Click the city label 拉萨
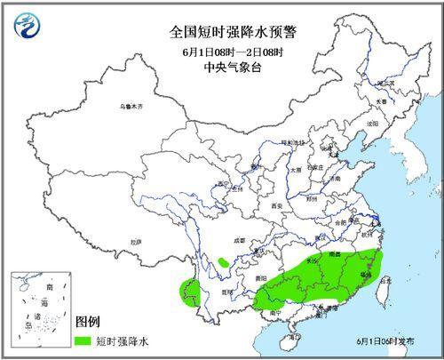pyautogui.click(x=135, y=242)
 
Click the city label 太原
pyautogui.click(x=297, y=168)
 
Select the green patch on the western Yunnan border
pyautogui.click(x=187, y=291)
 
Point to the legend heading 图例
pyautogui.click(x=87, y=320)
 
